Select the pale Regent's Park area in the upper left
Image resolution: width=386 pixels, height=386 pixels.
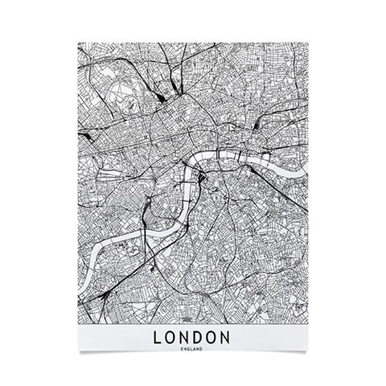point(129,88)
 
